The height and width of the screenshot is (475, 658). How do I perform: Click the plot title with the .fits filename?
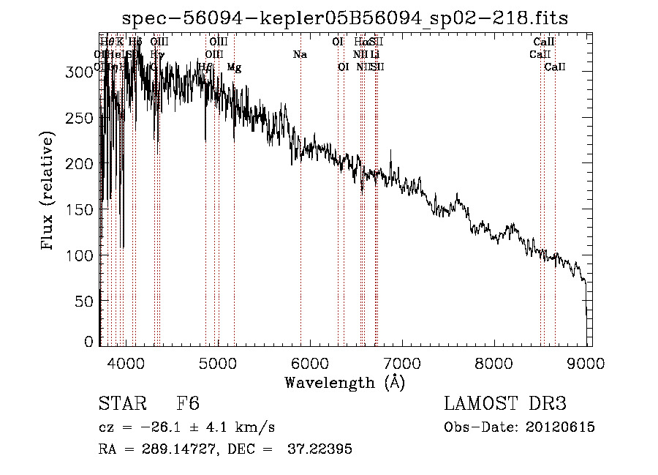click(x=345, y=18)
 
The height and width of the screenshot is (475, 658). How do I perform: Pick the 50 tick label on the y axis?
click(x=85, y=301)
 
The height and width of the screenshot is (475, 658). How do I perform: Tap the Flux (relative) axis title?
click(x=48, y=191)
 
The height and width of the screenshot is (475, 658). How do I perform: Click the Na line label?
click(x=300, y=55)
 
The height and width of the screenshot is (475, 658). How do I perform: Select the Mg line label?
click(x=234, y=67)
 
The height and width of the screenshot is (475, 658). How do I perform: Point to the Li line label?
click(x=375, y=55)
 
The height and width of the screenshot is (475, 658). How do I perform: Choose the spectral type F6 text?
click(x=188, y=405)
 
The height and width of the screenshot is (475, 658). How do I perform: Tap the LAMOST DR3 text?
click(x=505, y=405)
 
